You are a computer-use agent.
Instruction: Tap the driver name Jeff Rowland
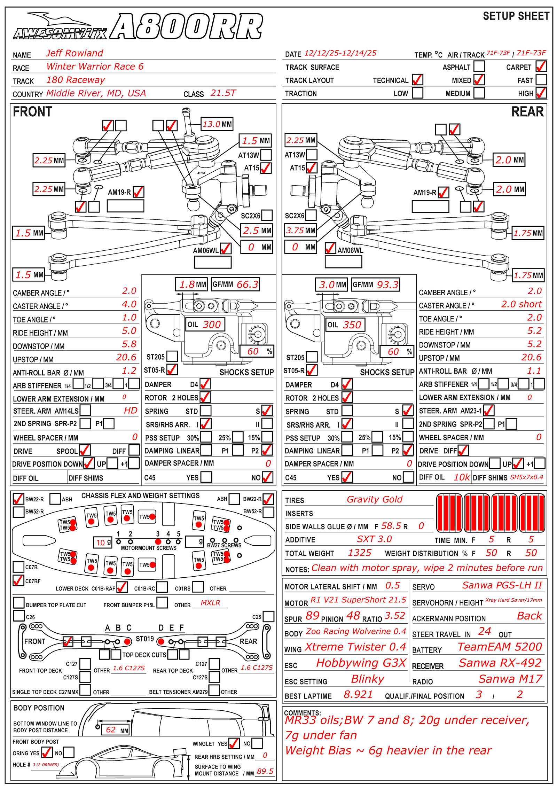pos(74,53)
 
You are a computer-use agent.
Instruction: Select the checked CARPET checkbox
pos(541,66)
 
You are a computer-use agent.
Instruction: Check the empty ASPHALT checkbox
pos(479,66)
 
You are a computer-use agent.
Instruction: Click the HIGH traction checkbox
pos(541,93)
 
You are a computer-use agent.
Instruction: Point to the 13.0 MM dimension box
pos(217,124)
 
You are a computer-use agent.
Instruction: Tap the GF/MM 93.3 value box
pos(375,284)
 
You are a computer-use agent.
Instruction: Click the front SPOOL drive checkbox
pos(85,450)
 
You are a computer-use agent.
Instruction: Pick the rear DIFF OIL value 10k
pos(462,477)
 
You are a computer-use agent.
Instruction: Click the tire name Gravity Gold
pos(374,499)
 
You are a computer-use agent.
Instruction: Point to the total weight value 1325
pos(360,553)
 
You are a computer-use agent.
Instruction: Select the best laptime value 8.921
pos(358,694)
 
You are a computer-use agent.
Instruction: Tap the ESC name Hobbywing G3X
pos(361,663)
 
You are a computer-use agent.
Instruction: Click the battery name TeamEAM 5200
pos(500,647)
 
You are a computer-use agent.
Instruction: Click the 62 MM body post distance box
pos(115,730)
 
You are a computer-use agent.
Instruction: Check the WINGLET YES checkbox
pos(234,743)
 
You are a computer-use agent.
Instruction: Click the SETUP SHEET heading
pos(516,16)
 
